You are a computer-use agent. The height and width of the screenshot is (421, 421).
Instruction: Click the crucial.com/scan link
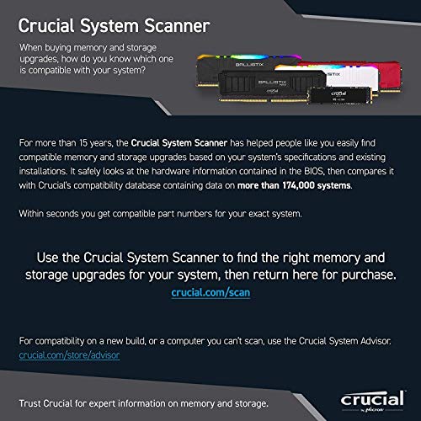(210, 292)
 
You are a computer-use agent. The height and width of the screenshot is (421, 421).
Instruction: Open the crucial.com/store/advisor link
(69, 355)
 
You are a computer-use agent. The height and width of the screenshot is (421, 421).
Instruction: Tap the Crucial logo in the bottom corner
(372, 401)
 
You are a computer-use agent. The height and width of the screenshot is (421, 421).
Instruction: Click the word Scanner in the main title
(177, 26)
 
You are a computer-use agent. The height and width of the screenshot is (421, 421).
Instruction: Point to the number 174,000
(298, 185)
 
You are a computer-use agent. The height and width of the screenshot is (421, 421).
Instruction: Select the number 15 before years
(83, 143)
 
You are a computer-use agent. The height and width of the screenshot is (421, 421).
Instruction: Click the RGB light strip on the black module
(248, 57)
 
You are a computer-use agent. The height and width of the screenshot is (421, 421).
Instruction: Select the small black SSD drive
(340, 95)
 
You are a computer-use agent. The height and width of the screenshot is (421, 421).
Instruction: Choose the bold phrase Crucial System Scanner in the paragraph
(179, 143)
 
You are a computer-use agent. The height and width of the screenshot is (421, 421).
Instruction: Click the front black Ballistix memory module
(271, 86)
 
